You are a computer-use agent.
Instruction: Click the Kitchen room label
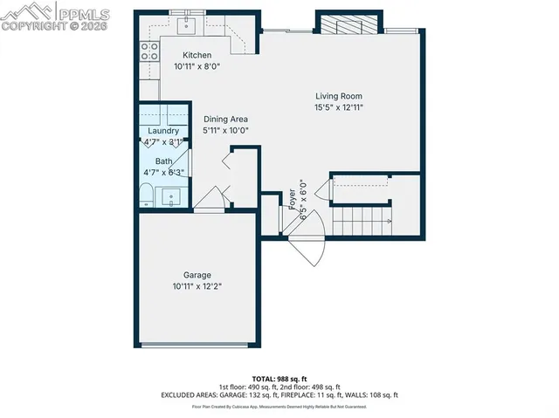click(x=196, y=54)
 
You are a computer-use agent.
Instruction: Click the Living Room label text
click(x=338, y=96)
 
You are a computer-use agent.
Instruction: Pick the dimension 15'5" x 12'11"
click(x=338, y=107)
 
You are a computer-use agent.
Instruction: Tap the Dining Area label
click(x=225, y=119)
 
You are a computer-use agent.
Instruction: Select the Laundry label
click(x=163, y=131)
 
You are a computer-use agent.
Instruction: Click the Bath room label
click(x=163, y=161)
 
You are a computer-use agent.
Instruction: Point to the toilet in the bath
click(x=146, y=193)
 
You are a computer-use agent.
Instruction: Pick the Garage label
click(x=197, y=275)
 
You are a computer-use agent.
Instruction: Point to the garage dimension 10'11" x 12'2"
click(x=197, y=286)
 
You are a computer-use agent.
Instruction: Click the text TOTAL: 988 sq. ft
click(x=279, y=378)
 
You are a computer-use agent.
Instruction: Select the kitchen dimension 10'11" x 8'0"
click(x=196, y=65)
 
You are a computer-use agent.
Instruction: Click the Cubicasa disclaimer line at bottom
click(x=279, y=406)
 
